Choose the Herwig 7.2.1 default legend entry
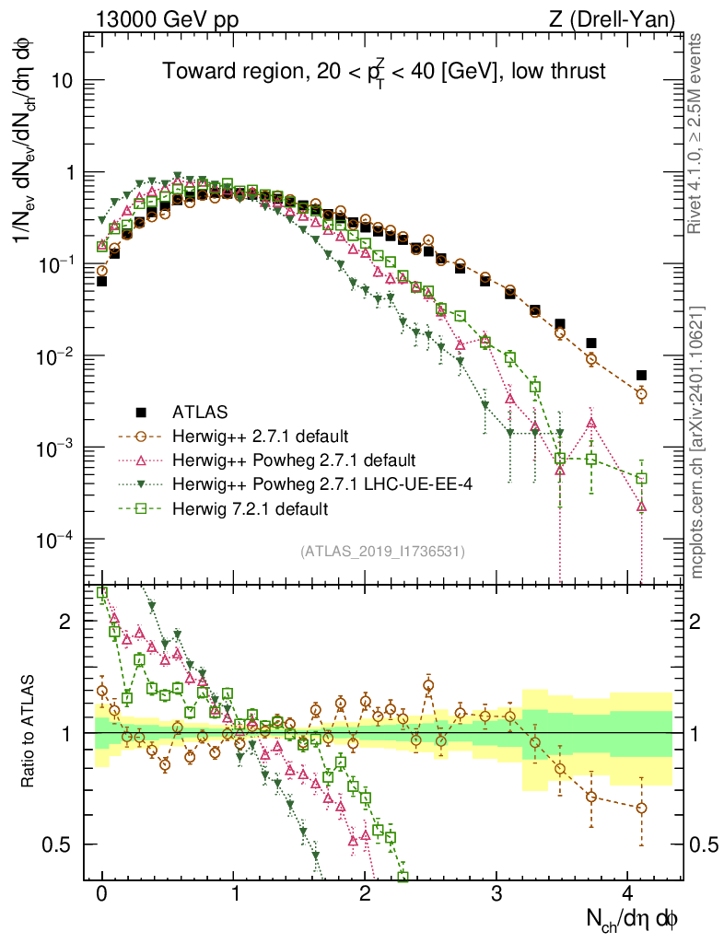point(250,508)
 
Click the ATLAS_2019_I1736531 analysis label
point(382,552)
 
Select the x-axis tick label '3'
point(496,892)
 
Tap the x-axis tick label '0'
point(101,892)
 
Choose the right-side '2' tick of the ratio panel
point(697,622)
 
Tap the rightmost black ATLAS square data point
point(641,375)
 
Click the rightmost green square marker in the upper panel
point(641,478)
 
